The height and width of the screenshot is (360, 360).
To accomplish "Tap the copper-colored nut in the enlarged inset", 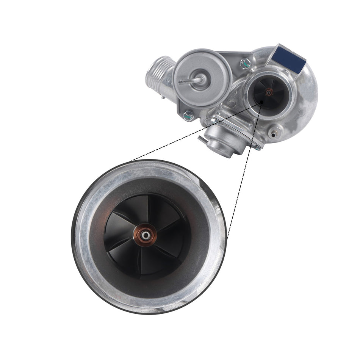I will click(x=145, y=235).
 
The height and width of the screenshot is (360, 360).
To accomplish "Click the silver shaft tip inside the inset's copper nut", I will click(x=145, y=235).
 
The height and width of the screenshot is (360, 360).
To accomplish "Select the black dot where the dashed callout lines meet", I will click(x=261, y=102).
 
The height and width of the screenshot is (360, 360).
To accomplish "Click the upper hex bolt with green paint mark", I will click(x=245, y=64).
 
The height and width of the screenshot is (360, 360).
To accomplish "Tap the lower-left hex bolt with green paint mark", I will click(x=188, y=116).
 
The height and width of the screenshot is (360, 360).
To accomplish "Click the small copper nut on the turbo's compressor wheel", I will click(x=269, y=92).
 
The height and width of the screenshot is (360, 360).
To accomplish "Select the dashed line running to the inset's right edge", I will click(x=243, y=171).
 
